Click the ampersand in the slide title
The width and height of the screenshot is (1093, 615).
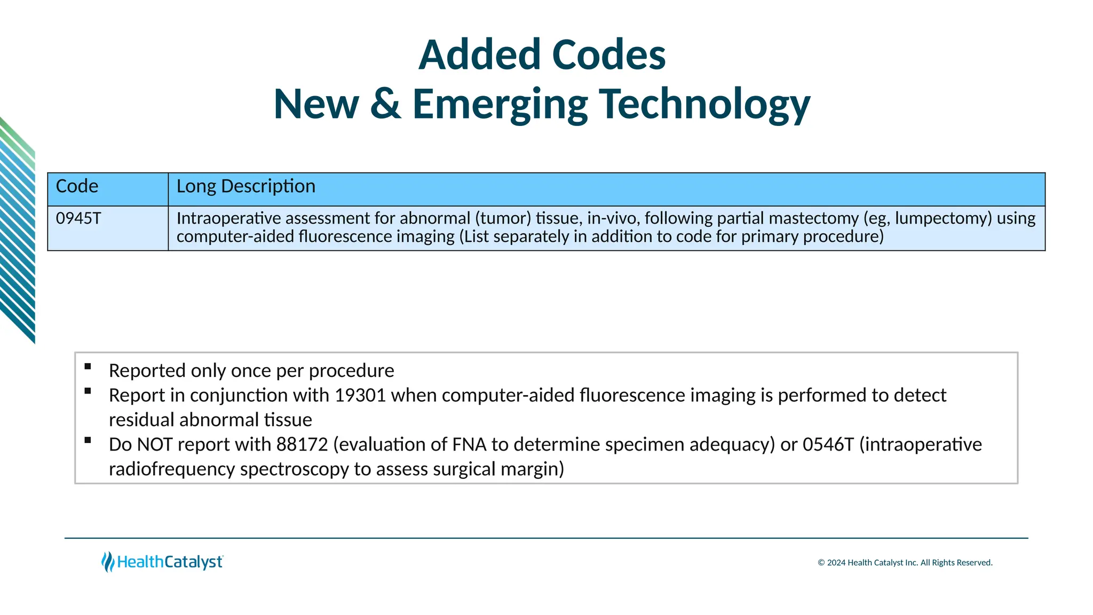(385, 104)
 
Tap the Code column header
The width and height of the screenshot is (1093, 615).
(77, 186)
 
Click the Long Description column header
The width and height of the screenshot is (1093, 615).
(245, 186)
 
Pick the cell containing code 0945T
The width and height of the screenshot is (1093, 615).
(78, 218)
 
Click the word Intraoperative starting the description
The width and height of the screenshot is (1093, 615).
(229, 218)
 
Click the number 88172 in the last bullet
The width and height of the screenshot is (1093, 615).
(302, 445)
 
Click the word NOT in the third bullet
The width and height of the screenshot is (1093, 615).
(154, 445)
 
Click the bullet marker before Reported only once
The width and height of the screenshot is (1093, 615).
(88, 367)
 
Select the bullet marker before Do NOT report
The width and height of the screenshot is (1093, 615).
(88, 440)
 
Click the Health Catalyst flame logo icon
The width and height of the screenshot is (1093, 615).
(108, 562)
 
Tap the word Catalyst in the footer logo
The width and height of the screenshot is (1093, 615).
(193, 562)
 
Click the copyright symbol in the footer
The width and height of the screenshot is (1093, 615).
(821, 563)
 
